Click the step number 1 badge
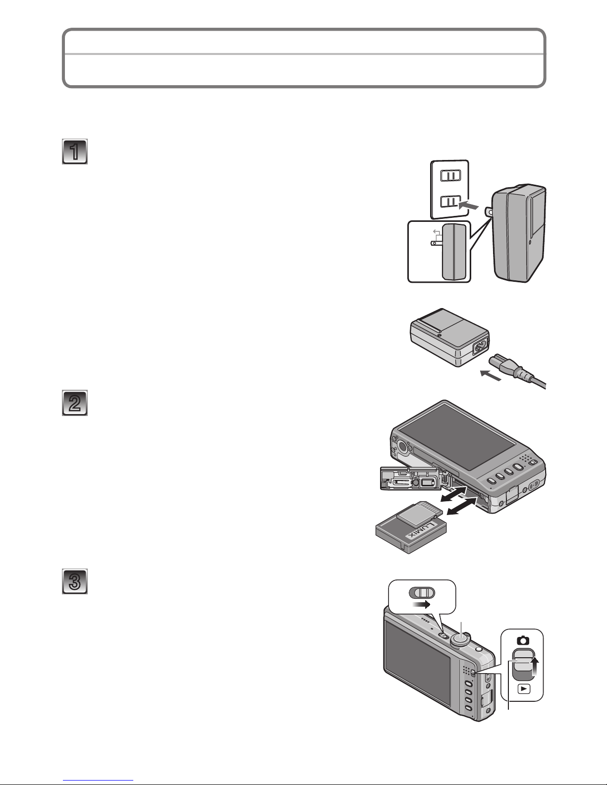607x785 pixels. (75, 152)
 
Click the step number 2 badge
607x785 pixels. (75, 403)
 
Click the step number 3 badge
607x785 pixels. (75, 581)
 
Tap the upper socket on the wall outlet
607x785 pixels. (450, 176)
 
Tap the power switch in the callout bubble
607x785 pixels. (422, 593)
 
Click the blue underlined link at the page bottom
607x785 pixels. (98, 781)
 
